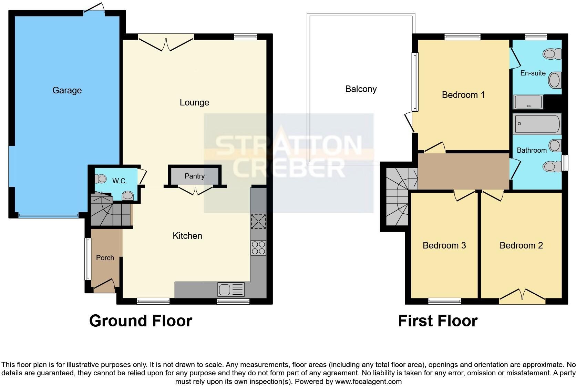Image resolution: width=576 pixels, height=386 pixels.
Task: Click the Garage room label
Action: click(x=67, y=90)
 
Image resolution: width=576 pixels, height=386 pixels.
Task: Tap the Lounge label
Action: click(x=194, y=102)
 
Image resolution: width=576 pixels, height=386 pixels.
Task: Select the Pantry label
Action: click(x=195, y=176)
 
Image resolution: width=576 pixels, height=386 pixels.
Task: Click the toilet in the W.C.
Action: click(x=101, y=179)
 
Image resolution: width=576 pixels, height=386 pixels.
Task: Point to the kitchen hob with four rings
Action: click(x=258, y=247)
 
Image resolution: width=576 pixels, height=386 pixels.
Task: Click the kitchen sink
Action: click(x=231, y=289)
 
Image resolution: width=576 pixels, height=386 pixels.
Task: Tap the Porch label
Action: click(x=105, y=257)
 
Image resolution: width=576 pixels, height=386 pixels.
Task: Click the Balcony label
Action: click(x=361, y=89)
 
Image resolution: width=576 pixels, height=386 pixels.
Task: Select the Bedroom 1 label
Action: click(x=463, y=95)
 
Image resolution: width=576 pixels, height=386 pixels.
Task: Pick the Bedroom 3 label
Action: click(x=444, y=245)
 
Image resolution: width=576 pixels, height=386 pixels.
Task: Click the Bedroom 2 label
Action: click(x=521, y=245)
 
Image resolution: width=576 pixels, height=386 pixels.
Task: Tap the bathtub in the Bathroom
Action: click(x=537, y=124)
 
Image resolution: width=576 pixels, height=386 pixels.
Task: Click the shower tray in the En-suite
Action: click(x=528, y=102)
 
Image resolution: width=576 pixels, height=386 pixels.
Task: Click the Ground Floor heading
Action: click(x=141, y=321)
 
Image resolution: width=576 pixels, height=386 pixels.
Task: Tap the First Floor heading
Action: click(x=438, y=321)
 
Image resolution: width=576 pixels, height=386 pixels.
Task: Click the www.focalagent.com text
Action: click(x=368, y=382)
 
